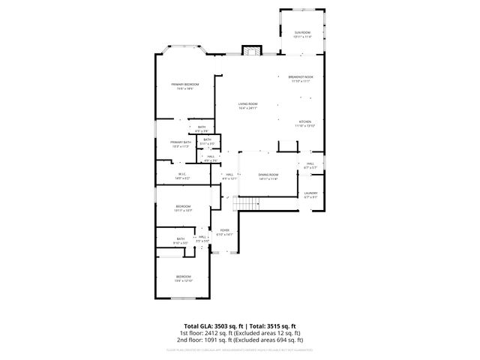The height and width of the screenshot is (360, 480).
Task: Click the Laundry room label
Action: click(310, 195)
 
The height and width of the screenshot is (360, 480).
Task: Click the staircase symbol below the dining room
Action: click(247, 203)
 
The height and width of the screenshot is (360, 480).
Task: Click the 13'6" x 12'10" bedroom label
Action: click(184, 279)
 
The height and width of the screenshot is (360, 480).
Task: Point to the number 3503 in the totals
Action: click(205, 324)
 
